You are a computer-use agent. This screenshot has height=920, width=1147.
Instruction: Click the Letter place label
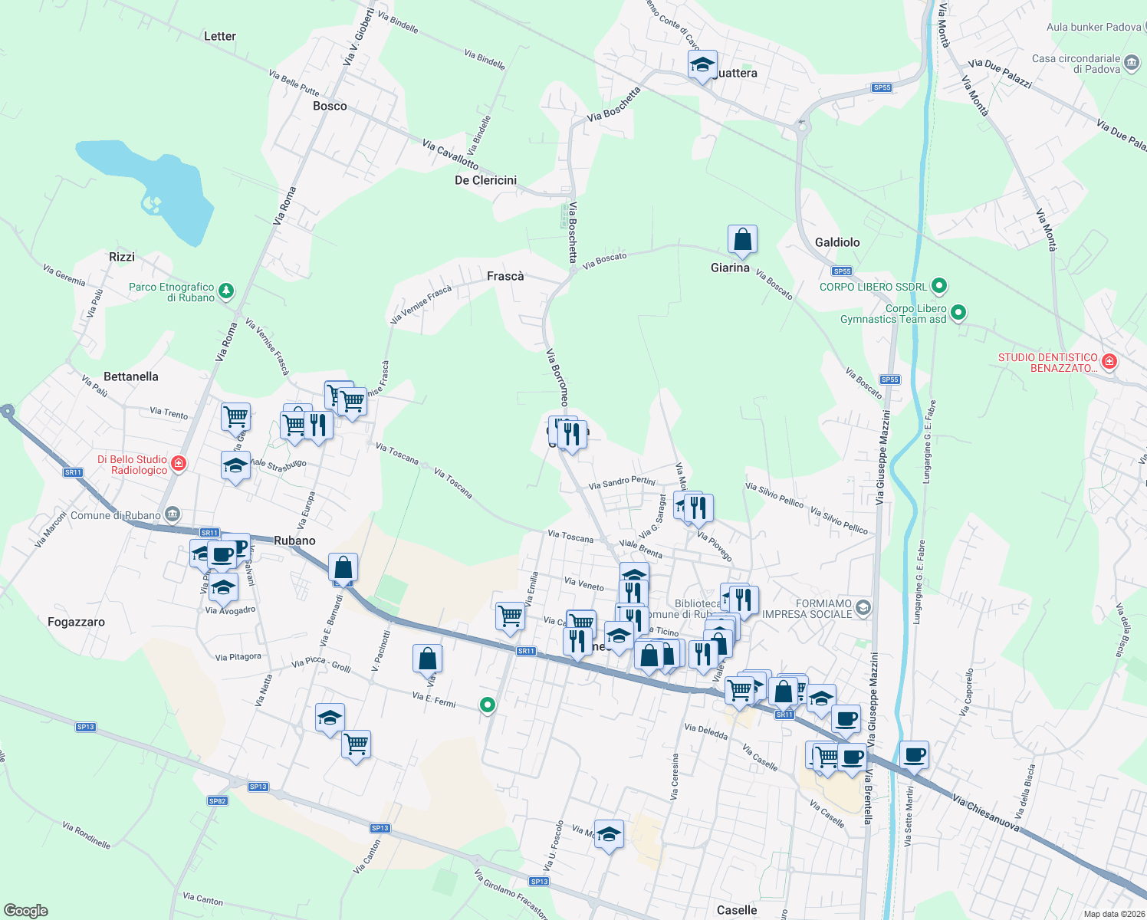coord(220,36)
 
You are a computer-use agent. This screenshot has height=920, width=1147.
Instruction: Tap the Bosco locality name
coord(330,106)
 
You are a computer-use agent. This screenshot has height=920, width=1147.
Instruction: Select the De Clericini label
coord(485,180)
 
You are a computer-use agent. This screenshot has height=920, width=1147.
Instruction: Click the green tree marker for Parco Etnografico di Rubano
coord(226,291)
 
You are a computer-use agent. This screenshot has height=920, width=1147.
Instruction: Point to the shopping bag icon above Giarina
coord(742,240)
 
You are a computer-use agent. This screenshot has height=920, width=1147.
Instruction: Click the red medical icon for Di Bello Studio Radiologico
coord(179,463)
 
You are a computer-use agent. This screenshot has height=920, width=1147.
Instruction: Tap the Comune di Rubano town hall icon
coord(173,514)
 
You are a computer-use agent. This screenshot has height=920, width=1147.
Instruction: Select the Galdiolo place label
coord(837,242)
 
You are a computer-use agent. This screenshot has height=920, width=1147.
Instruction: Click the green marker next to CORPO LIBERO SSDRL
coord(939,286)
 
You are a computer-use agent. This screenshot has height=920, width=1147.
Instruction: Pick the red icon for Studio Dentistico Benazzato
coord(1109,361)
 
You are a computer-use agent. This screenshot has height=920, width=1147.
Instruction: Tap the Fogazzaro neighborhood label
coord(76,622)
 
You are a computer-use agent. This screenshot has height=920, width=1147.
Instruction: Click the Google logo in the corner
coord(26,910)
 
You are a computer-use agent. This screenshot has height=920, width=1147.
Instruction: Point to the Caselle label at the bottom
coord(736,910)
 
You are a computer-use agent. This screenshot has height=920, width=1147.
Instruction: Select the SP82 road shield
coord(218,800)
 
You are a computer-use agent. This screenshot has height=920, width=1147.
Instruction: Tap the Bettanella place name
coord(131,376)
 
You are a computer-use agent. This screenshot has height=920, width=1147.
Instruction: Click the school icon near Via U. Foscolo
coord(609,835)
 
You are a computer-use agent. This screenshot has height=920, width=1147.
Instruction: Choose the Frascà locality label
coord(505,276)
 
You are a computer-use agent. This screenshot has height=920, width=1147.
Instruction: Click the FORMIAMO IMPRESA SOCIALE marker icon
coord(863,608)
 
